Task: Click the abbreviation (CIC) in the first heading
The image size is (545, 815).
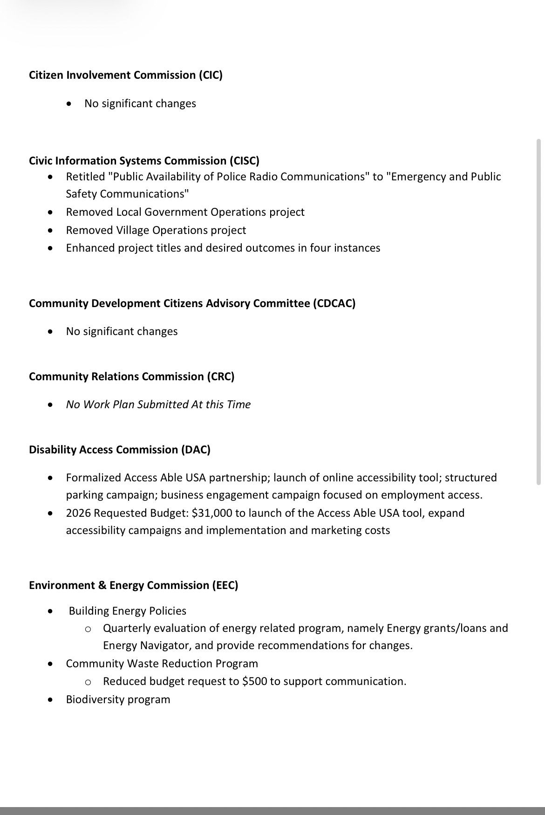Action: coord(211,75)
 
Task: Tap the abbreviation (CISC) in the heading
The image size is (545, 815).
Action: coord(244,161)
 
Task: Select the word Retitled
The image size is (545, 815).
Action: coord(85,177)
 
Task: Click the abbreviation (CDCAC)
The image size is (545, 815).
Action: coord(334,303)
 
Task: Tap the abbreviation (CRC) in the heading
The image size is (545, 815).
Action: coord(220,377)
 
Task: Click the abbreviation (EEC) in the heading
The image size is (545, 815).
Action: coord(224,585)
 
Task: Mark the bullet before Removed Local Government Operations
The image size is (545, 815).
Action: coord(51,212)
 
